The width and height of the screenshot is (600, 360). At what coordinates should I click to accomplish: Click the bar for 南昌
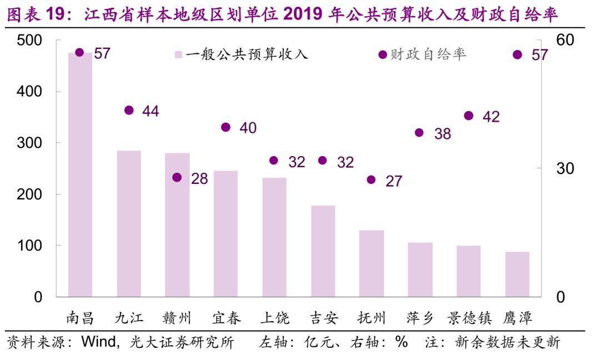click(80, 174)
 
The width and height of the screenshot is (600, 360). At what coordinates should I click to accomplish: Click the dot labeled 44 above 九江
click(129, 111)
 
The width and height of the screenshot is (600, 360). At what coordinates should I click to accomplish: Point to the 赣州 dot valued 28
click(177, 177)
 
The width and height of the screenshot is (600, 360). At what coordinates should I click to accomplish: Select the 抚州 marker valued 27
click(371, 179)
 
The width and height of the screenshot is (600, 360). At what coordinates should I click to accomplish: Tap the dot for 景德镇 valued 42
click(468, 116)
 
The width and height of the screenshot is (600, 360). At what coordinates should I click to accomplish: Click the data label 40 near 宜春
click(248, 128)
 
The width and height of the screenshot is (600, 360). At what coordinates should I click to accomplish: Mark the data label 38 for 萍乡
click(443, 133)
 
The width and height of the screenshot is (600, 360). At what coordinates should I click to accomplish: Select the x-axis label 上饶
click(274, 318)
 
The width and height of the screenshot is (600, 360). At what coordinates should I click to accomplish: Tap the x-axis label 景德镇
click(469, 318)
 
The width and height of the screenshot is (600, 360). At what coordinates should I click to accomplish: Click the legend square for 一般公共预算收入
click(178, 54)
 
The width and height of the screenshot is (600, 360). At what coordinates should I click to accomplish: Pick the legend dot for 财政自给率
click(382, 54)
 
